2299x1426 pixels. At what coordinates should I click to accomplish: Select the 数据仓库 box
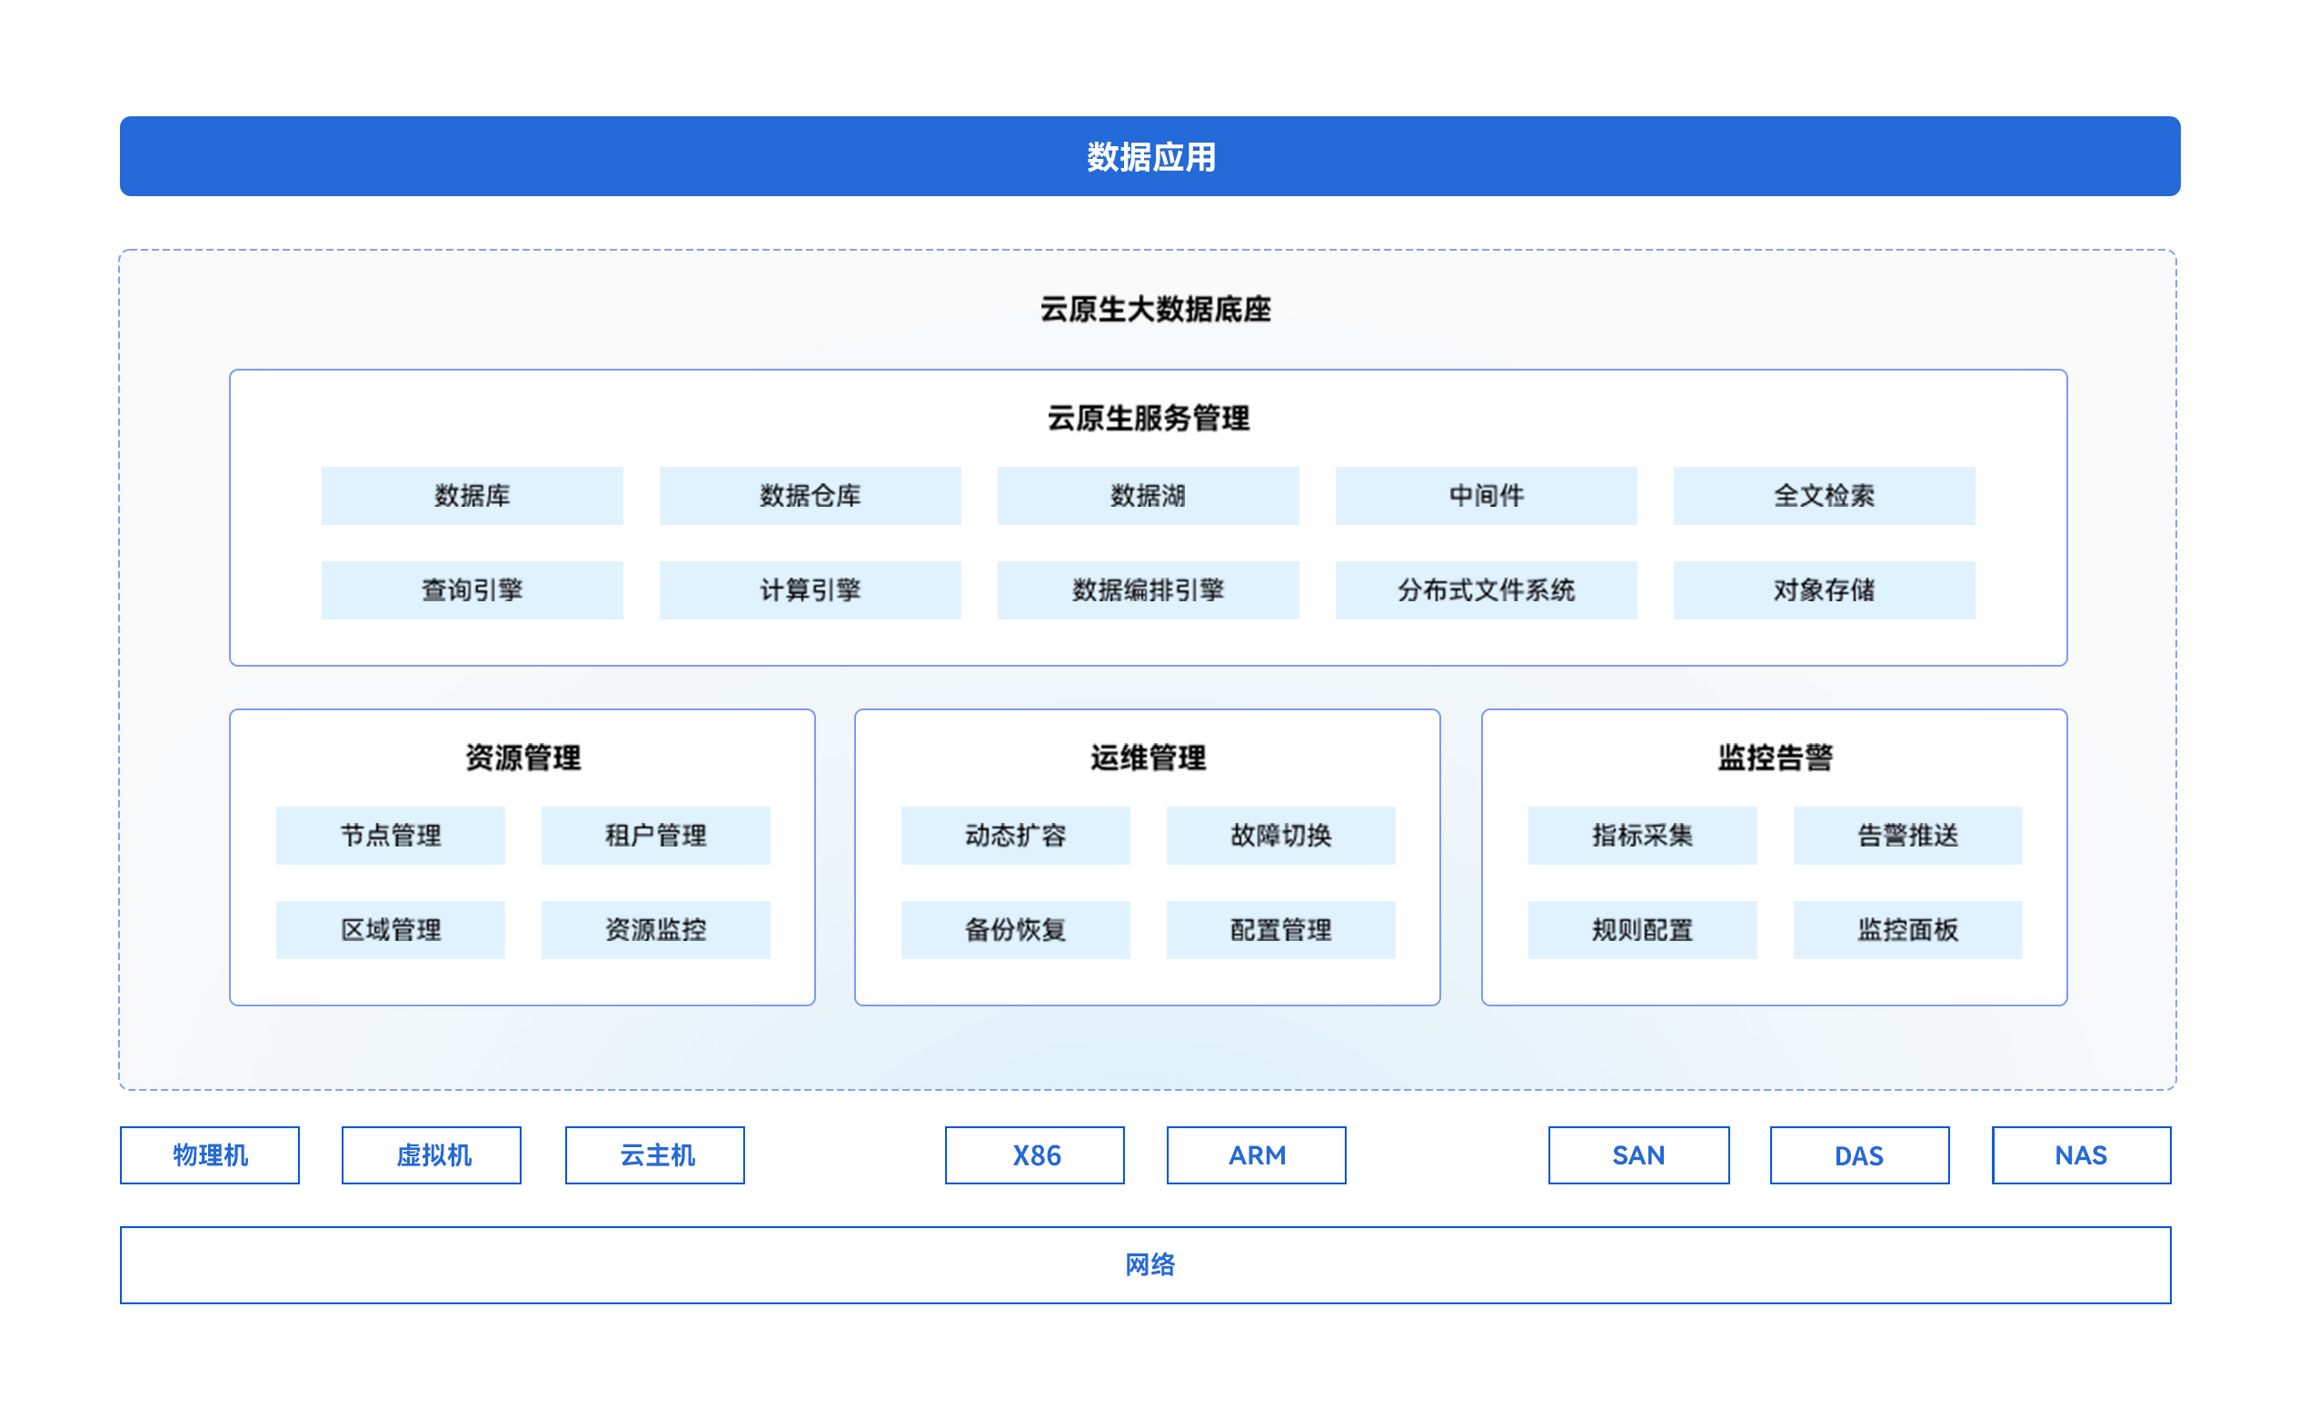(810, 495)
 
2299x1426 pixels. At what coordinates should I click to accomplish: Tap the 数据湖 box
(1147, 495)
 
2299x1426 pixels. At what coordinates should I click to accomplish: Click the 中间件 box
(1486, 495)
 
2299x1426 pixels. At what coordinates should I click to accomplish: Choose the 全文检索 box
(1824, 495)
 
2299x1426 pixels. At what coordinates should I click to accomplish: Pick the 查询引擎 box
(472, 589)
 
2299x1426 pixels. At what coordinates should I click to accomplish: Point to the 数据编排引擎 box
(1147, 589)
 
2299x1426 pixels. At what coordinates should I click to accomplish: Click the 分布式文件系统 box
(1486, 589)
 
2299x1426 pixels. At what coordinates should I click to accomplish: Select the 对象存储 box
(1824, 589)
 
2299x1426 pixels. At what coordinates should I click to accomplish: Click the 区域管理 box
(390, 929)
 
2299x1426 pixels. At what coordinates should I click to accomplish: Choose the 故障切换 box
(1280, 835)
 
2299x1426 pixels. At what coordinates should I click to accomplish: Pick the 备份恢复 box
(1015, 929)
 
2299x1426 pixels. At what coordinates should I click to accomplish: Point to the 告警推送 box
(1906, 835)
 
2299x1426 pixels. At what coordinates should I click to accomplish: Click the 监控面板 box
(1906, 929)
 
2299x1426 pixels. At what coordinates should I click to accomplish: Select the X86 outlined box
(1035, 1154)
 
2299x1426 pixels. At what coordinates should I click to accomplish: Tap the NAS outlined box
(2080, 1154)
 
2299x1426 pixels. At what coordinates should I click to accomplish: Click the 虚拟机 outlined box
(431, 1154)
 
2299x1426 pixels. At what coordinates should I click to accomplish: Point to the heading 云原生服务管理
(1148, 418)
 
